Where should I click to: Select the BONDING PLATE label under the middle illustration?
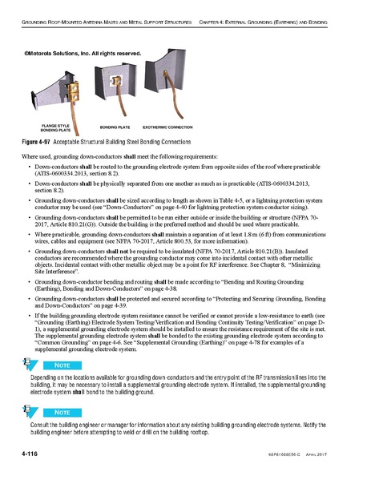(x=117, y=127)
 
